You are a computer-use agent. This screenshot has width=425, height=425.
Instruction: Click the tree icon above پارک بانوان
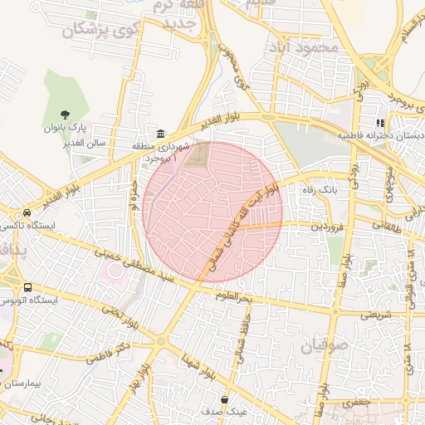(x=66, y=115)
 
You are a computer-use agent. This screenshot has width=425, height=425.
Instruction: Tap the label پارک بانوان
(x=66, y=129)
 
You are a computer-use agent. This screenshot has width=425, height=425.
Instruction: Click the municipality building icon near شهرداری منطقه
(x=160, y=134)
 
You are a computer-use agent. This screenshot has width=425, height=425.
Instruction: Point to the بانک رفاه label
(x=322, y=190)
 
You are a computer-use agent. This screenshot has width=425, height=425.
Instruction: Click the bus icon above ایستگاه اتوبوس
(x=28, y=287)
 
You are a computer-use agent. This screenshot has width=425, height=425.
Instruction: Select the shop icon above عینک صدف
(x=224, y=399)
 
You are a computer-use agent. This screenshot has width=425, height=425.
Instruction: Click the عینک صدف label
(x=224, y=413)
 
